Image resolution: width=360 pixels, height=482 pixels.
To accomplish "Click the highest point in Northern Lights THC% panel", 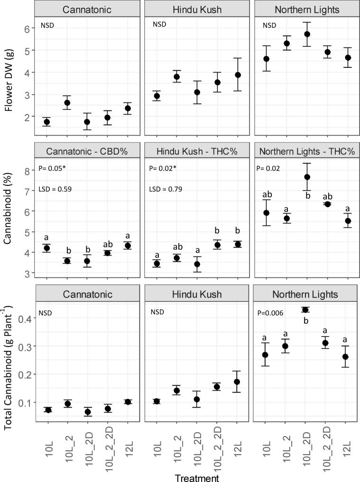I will pos(307,177).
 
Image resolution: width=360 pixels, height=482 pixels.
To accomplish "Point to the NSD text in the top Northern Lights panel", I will pos(263,25).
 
